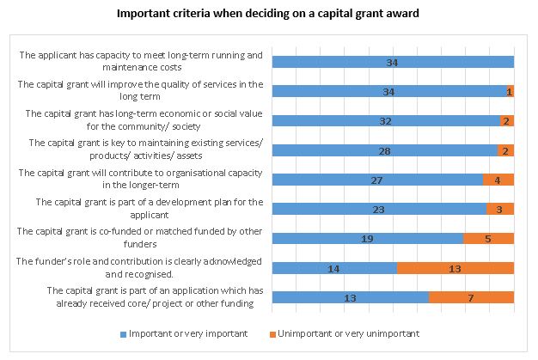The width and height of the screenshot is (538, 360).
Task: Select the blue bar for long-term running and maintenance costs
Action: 392,62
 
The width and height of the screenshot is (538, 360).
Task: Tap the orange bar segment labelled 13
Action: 455,268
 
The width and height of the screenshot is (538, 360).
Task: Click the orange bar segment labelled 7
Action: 471,297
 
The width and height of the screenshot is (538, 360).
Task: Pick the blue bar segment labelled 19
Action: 367,238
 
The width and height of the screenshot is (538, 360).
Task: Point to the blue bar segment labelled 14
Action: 334,268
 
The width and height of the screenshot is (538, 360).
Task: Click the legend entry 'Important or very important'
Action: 186,333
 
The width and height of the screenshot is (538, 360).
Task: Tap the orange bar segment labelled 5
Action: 488,238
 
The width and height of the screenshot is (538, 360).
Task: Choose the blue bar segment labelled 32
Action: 386,121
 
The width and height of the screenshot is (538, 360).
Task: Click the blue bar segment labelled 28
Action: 384,150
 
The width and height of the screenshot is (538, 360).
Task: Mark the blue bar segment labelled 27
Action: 376,180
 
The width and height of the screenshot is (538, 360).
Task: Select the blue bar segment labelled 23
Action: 379,209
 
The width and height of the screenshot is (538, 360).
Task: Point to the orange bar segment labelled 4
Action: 498,180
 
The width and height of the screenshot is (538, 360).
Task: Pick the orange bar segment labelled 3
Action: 499,209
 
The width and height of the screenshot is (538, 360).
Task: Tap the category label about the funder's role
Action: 140,268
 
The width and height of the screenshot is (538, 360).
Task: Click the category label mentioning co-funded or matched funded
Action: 140,238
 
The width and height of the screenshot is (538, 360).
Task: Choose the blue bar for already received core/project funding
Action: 350,297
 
